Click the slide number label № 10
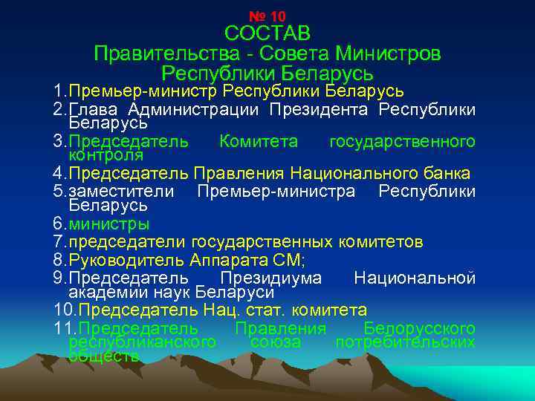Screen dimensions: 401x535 (x=267, y=16)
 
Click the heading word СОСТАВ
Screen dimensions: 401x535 (x=267, y=34)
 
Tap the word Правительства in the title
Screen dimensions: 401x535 (x=152, y=54)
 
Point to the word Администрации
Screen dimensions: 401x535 (x=192, y=110)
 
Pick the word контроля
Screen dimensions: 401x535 (x=106, y=155)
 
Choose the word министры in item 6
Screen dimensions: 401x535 (x=108, y=224)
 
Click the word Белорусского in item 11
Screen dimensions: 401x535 (x=420, y=328)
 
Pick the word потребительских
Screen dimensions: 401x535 (x=406, y=342)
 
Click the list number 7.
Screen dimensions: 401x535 (x=59, y=242)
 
